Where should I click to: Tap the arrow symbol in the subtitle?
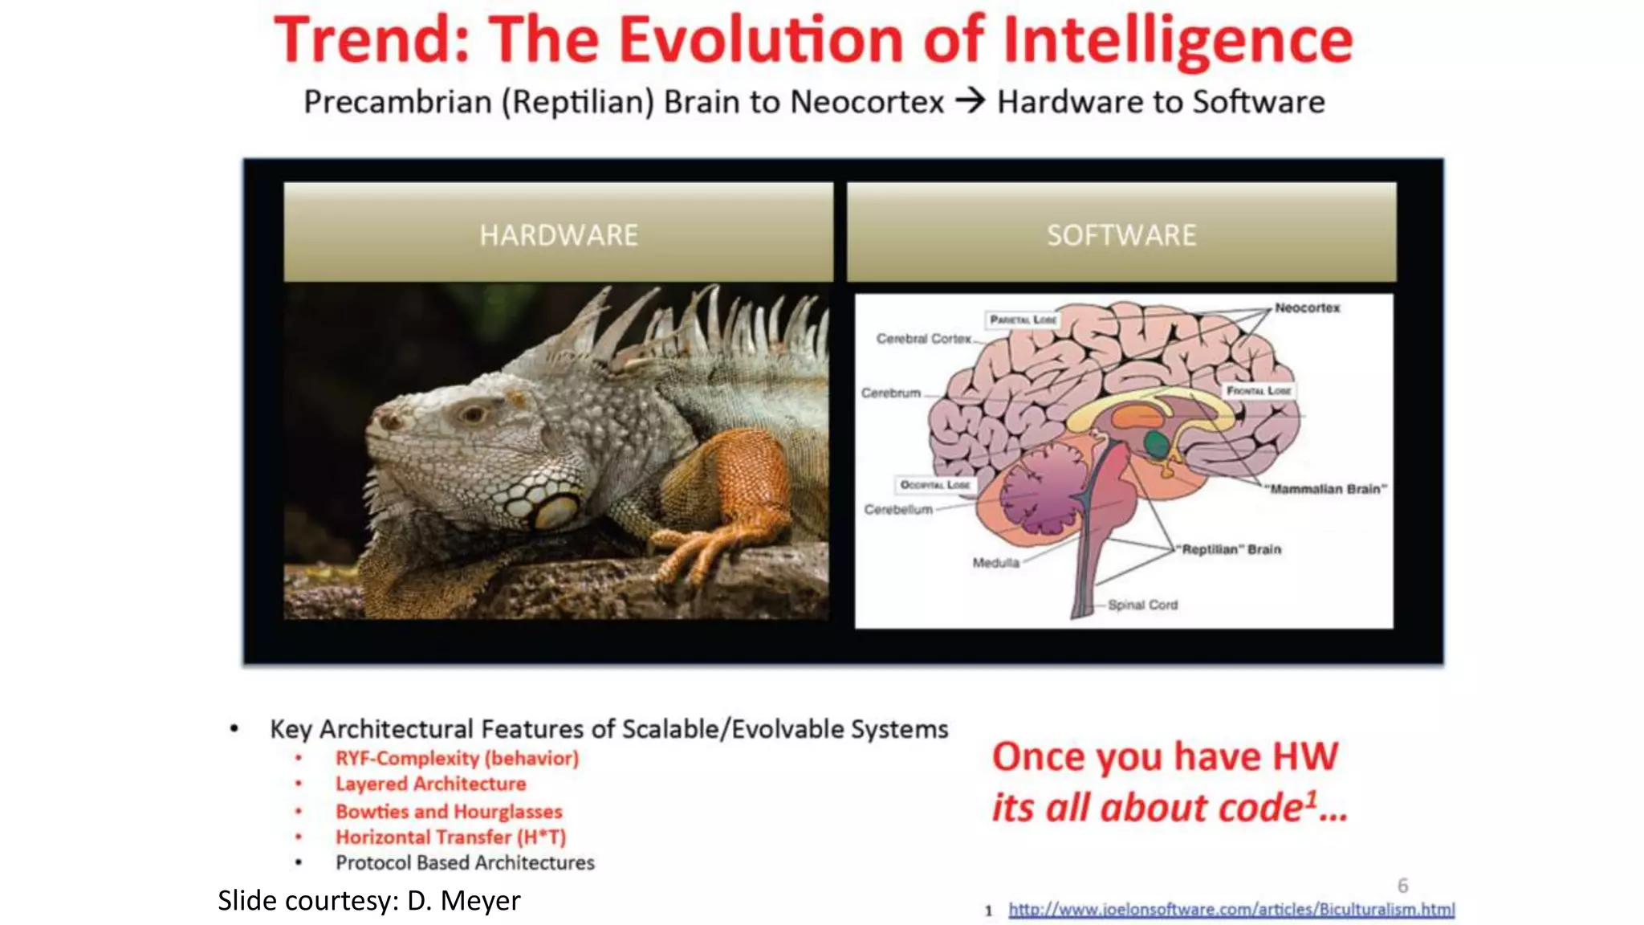[x=970, y=102]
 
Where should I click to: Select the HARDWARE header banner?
[x=558, y=234]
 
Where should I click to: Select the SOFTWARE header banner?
[x=1121, y=234]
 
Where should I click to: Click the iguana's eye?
[x=472, y=414]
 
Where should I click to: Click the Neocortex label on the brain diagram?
[x=1307, y=308]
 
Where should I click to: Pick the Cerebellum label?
[x=898, y=509]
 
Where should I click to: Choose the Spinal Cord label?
[x=1142, y=605]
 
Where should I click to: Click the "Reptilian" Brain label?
[x=1231, y=549]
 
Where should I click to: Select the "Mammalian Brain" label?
[x=1325, y=488]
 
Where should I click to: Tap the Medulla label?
[x=995, y=562]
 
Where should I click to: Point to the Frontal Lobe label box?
[x=1259, y=390]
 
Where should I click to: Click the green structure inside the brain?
[x=1156, y=443]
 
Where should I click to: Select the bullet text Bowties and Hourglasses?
[x=449, y=811]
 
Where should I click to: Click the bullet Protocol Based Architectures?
[x=465, y=862]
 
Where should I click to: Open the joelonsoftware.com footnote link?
[x=1231, y=909]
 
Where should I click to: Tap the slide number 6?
[x=1402, y=885]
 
